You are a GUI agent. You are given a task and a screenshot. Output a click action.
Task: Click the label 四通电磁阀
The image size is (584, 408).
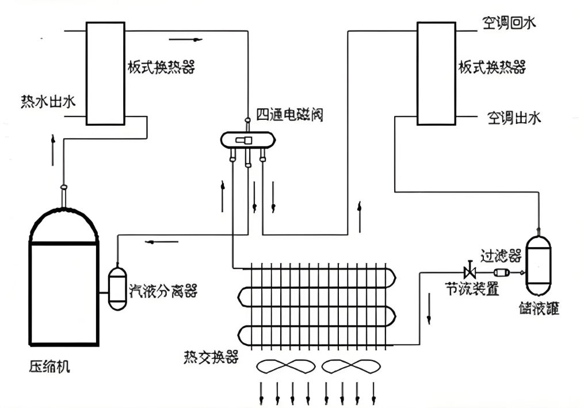pos(289,115)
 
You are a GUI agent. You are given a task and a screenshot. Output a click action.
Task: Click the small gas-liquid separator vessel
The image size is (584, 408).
pos(118,287)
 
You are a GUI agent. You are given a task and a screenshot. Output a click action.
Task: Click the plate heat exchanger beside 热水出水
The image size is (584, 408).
pos(105,73)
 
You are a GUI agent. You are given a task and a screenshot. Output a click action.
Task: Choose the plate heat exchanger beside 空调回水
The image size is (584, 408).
pos(436,73)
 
